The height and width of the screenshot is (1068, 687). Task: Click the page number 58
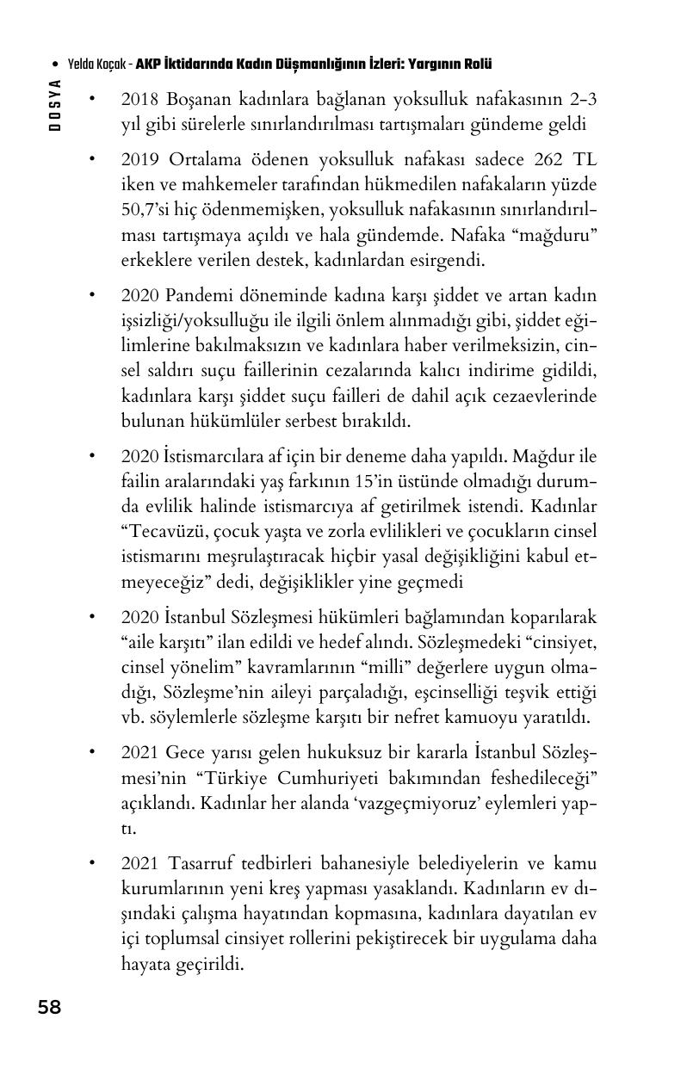[49, 1007]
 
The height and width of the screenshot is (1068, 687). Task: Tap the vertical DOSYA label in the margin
[55, 103]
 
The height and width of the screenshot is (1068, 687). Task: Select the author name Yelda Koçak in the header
[98, 65]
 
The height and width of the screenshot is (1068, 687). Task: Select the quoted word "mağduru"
[556, 235]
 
